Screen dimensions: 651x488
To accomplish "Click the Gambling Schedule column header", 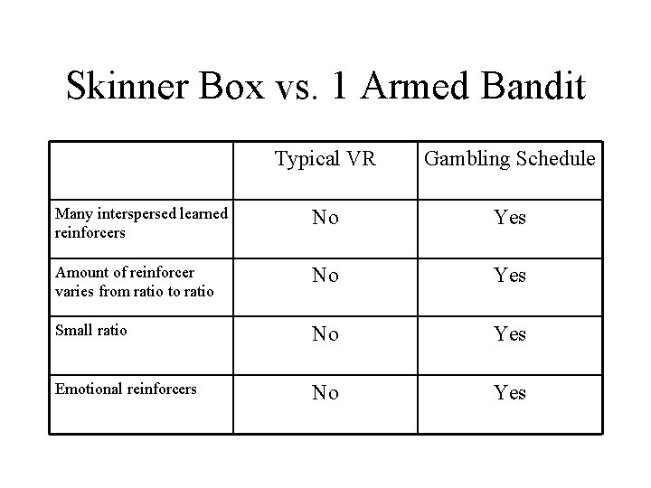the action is (510, 160).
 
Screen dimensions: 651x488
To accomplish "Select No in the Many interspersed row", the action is (325, 218).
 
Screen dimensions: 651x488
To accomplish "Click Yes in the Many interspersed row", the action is (510, 218).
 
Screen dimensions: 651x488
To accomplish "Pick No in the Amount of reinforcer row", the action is (325, 275).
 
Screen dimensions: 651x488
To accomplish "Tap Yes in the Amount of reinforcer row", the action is (510, 275).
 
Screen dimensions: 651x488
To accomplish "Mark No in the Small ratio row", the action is (325, 334).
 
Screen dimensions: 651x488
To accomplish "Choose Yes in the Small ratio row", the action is (510, 334).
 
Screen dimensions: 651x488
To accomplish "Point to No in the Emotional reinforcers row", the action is (325, 393).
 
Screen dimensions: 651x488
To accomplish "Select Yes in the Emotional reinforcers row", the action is (510, 393).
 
